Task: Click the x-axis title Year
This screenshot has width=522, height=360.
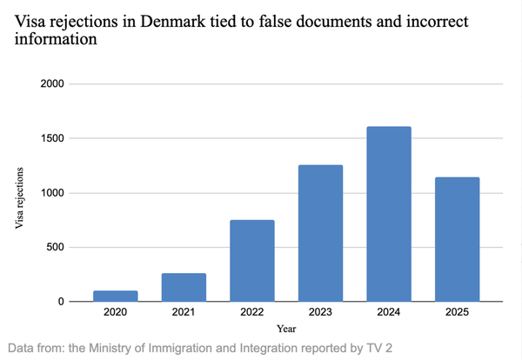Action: [287, 329]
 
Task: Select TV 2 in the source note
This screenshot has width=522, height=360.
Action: [376, 348]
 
